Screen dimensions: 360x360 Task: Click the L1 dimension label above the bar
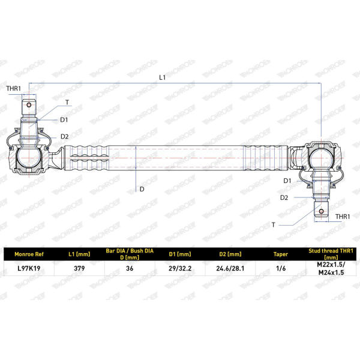163,77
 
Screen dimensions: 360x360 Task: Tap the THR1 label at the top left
14,88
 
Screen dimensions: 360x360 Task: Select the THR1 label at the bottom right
343,217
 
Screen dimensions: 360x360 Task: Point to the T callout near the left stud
67,103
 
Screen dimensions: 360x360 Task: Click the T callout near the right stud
273,225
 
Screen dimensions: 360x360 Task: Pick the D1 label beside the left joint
64,119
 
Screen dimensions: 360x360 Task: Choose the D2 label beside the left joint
65,137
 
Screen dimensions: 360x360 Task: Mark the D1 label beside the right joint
287,181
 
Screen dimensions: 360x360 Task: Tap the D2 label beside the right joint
284,197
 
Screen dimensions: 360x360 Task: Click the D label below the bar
142,189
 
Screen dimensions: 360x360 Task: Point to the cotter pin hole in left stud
29,105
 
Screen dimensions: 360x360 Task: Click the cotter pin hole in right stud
321,211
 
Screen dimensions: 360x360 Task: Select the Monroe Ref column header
29,254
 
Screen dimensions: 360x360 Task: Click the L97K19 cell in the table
29,268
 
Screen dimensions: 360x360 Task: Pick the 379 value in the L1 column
79,268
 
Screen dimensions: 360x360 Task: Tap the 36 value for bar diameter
130,268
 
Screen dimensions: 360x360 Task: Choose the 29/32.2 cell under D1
180,268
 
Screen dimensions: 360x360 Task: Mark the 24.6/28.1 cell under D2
230,268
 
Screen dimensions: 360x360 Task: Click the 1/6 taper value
281,268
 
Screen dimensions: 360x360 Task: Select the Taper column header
281,254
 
